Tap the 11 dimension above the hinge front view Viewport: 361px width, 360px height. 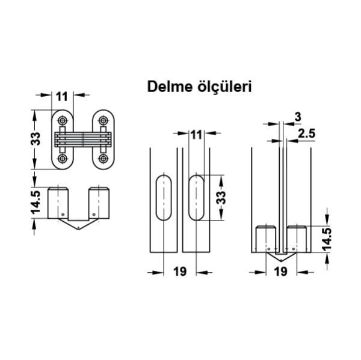point(62,96)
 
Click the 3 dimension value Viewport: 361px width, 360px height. point(298,116)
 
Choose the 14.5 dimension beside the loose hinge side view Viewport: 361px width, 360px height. point(36,203)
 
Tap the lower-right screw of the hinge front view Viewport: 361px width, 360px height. point(103,159)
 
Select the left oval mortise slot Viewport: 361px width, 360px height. point(163,198)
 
